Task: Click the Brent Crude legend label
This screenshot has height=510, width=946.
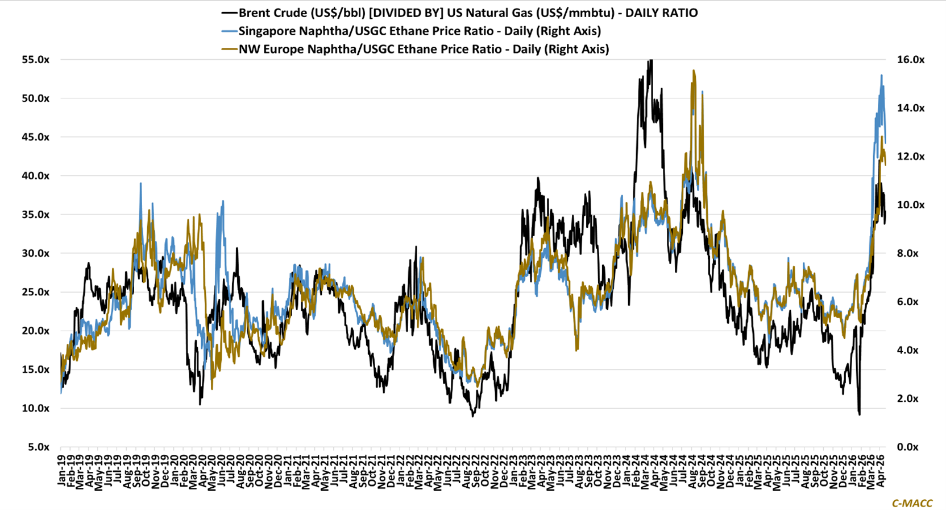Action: (x=459, y=13)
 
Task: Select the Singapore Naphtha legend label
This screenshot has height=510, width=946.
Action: (x=420, y=31)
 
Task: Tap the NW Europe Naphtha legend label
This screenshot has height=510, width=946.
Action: (x=424, y=49)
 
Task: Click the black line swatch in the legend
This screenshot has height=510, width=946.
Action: (x=229, y=13)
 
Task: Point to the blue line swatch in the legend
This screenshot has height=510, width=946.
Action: (x=229, y=31)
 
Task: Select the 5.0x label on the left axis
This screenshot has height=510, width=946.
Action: (x=39, y=447)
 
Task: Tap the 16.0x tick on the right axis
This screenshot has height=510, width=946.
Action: (x=910, y=60)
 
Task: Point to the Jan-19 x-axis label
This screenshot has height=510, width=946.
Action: (x=61, y=470)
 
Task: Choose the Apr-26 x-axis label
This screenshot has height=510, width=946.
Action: (x=881, y=470)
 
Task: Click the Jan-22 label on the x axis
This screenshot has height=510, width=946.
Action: (x=400, y=470)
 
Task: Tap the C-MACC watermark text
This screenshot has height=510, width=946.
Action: (x=912, y=503)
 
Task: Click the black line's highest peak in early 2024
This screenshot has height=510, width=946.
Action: (x=650, y=60)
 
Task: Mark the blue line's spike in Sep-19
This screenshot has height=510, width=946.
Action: (x=140, y=183)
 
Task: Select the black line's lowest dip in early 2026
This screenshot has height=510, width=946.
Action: (x=859, y=414)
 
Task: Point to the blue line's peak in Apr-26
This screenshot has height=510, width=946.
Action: (x=881, y=75)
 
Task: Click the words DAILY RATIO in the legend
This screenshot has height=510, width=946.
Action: (x=661, y=13)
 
